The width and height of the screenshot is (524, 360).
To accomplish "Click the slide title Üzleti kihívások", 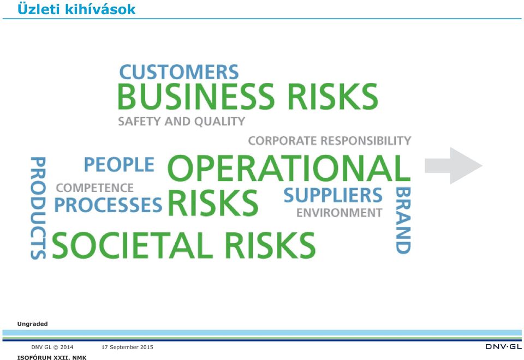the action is click(76, 9).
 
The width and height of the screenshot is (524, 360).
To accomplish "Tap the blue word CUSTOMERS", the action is click(179, 72).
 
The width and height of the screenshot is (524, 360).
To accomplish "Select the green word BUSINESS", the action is click(196, 97).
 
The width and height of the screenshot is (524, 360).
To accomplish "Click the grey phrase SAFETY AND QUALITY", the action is click(181, 121).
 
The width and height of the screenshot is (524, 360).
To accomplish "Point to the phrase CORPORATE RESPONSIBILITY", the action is click(330, 141).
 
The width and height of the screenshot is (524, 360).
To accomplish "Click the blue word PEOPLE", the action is click(119, 164).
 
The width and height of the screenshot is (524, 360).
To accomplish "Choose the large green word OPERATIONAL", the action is click(289, 168).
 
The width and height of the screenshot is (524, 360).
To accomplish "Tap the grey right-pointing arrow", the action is click(453, 166).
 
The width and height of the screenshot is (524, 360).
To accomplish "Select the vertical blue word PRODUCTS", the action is click(38, 208).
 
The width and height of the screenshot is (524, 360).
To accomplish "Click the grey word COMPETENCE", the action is click(95, 188).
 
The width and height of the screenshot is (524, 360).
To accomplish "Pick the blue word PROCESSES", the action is click(108, 205).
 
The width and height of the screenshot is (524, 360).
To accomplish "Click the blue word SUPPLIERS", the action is click(333, 195).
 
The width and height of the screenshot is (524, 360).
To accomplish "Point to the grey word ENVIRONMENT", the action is click(339, 213).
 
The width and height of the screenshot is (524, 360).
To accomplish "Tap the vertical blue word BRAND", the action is click(403, 220).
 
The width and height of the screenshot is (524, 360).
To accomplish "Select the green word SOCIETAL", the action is click(133, 245).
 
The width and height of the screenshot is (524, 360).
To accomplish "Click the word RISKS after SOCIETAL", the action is click(270, 245).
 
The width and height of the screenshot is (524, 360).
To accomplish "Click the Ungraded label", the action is click(32, 323).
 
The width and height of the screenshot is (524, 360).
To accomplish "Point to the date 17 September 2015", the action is click(127, 347).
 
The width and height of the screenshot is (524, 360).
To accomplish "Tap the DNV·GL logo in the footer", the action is click(503, 347).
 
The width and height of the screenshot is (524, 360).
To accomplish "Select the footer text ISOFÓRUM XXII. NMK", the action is click(52, 357).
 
